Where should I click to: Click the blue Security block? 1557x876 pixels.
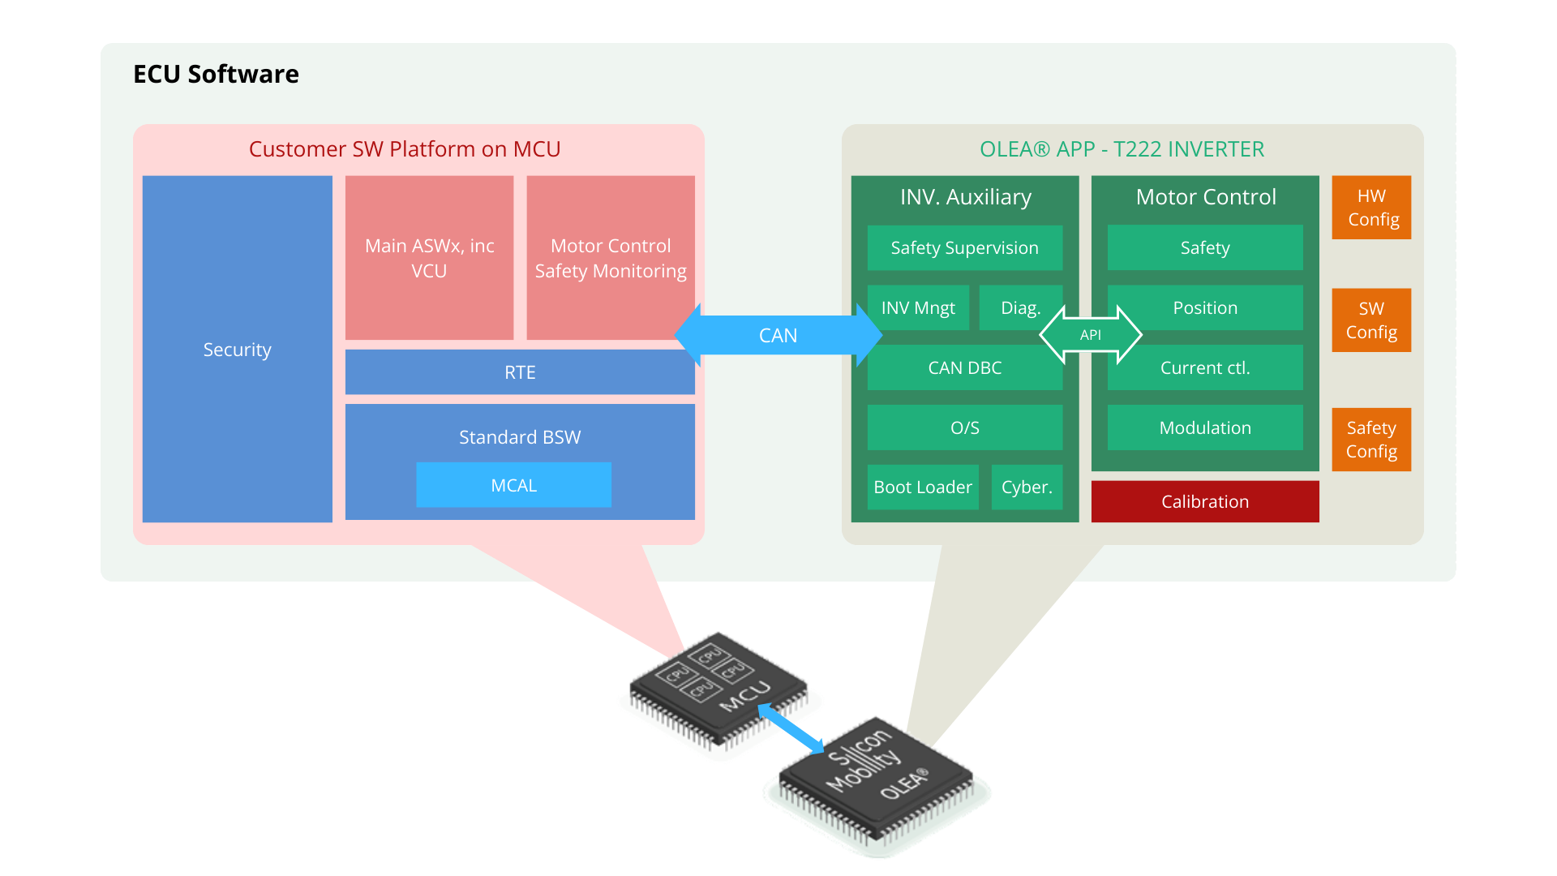pos(237,349)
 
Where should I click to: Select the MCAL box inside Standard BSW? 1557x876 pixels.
pos(513,485)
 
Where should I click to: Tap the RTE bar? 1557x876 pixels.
pos(520,372)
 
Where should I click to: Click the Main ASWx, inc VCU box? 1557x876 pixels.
pos(429,258)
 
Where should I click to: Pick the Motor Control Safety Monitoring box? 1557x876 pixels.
pos(610,258)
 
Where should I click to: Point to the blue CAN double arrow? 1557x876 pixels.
pos(778,335)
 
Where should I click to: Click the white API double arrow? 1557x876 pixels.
pos(1091,335)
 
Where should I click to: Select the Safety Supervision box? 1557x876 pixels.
pos(964,248)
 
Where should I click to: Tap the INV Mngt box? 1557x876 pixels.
pos(918,308)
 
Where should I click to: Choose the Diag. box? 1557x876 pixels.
pos(1019,308)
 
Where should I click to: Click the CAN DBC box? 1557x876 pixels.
pos(964,368)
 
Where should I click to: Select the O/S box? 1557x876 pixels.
pos(964,427)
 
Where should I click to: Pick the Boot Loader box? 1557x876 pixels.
pos(923,487)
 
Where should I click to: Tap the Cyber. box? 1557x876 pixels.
pos(1027,487)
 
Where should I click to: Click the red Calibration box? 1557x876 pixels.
pos(1205,502)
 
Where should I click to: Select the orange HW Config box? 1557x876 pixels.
pos(1371,208)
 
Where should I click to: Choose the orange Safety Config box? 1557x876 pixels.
pos(1371,440)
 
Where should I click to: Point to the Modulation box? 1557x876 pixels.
pos(1205,427)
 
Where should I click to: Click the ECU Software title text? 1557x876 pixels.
pos(216,74)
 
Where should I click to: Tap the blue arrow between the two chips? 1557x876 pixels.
pos(791,728)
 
